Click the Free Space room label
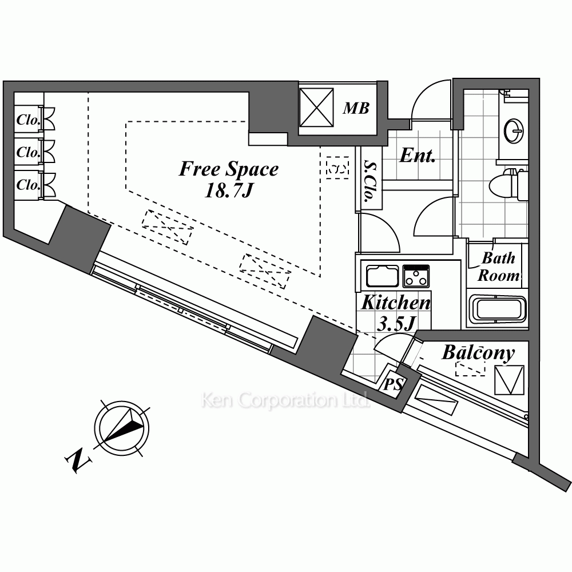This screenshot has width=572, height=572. click(x=229, y=169)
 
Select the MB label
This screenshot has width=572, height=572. click(x=356, y=108)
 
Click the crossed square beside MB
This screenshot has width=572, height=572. click(x=316, y=108)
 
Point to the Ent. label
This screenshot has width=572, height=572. click(x=418, y=156)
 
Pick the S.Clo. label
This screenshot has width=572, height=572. click(x=368, y=182)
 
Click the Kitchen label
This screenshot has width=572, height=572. click(x=395, y=303)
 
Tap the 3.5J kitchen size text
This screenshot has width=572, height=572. click(x=396, y=324)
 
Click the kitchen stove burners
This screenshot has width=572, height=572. click(x=416, y=276)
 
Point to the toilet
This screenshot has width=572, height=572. click(x=506, y=184)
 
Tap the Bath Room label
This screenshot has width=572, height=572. click(x=498, y=267)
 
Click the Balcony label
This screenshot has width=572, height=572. click(x=478, y=353)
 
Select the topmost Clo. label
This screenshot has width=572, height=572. click(x=27, y=120)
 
